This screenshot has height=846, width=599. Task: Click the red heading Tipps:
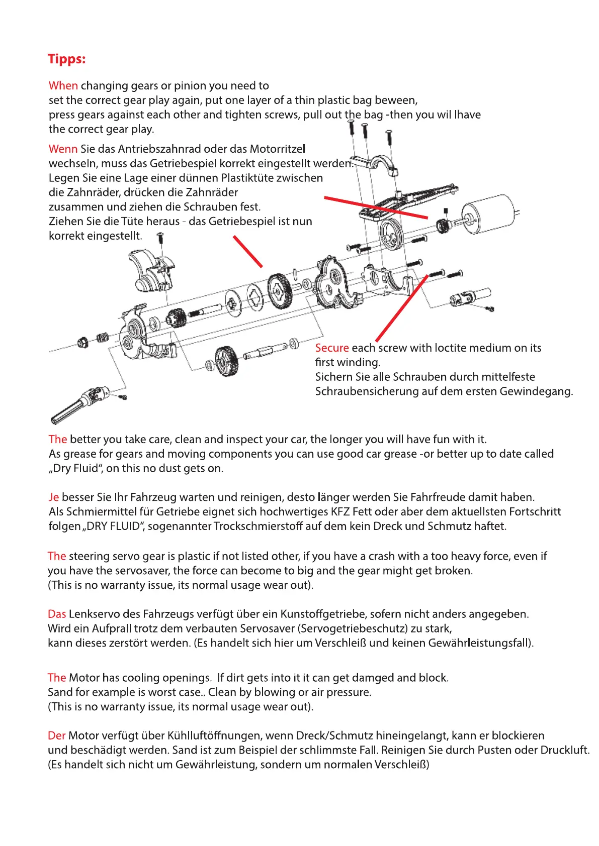pos(66,59)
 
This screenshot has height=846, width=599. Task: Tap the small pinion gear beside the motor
pos(443,226)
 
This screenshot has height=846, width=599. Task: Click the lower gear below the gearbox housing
pos(226,360)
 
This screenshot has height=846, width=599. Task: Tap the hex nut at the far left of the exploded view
pos(82,343)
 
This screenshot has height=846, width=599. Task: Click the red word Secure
pos(332,348)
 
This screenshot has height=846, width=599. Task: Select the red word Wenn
pos(63,149)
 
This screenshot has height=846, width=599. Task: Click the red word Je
pos(53,497)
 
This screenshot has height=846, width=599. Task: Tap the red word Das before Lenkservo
pos(57,614)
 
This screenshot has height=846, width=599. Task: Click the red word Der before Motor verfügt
pos(56,735)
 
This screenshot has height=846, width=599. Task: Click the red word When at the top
pos(63,85)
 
